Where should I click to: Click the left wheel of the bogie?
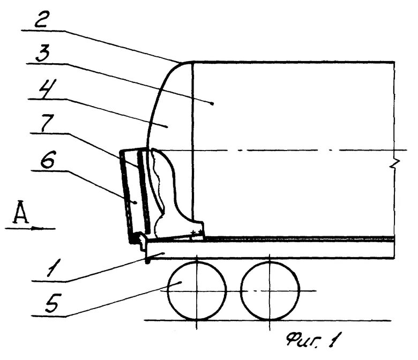(197, 290)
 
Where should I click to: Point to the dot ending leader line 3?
(213, 102)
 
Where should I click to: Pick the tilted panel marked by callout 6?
(130, 196)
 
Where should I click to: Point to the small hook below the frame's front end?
(146, 261)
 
